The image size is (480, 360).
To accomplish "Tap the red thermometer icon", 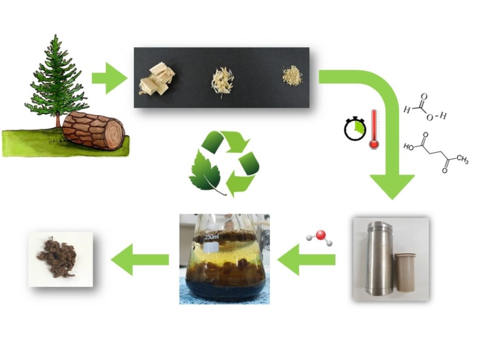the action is coord(374,130).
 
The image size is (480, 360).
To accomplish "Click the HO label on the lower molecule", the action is coord(409,147).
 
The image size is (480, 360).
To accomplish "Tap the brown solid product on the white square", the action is coord(60,259).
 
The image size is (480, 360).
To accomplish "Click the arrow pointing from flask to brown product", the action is coord(140,260).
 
